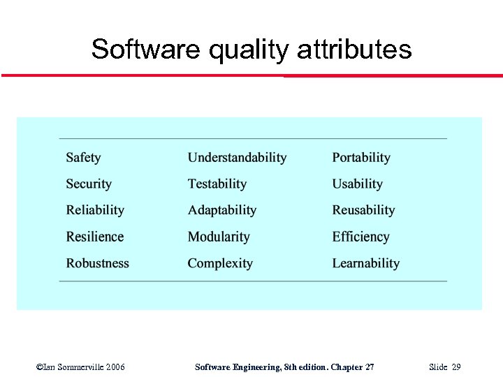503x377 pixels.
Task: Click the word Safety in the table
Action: [x=83, y=158]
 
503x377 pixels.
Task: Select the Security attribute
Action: [x=89, y=184]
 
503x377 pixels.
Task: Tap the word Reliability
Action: [x=95, y=210]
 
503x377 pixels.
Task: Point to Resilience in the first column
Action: [x=94, y=237]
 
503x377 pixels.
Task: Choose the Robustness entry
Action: [x=97, y=263]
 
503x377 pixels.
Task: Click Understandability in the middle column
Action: [x=237, y=158]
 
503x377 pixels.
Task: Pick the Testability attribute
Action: [x=217, y=184]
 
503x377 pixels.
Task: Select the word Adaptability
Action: [x=221, y=210]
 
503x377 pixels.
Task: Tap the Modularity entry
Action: [x=219, y=237]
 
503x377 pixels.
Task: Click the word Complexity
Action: [x=220, y=263]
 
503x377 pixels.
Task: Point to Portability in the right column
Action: [x=360, y=158]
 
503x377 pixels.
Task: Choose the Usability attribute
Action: [x=357, y=184]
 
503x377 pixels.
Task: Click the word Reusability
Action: [x=363, y=210]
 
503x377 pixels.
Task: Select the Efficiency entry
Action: [x=360, y=237]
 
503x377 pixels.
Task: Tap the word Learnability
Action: [x=365, y=263]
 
